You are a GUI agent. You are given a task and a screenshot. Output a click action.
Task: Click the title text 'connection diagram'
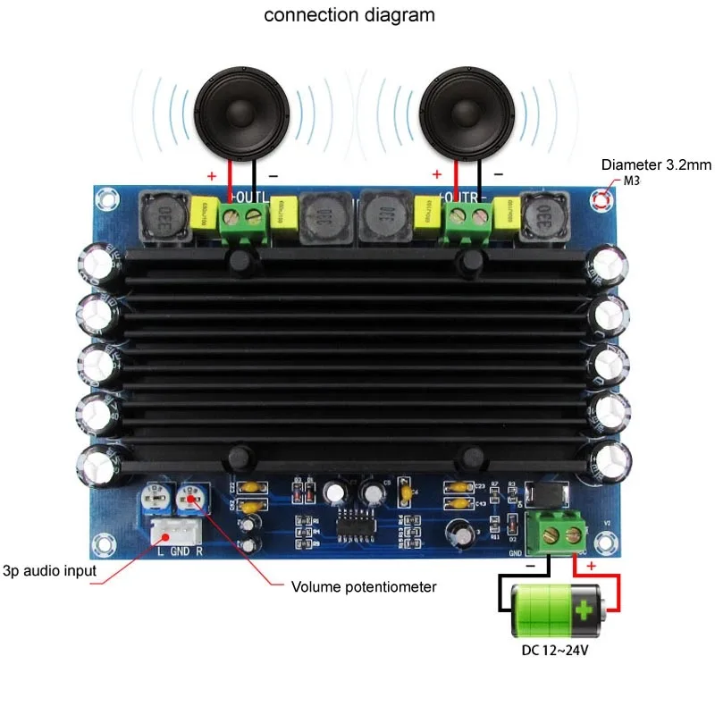[x=349, y=15]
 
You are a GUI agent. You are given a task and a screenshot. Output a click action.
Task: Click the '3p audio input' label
[x=50, y=570]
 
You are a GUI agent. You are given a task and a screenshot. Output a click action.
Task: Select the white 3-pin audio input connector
[x=172, y=529]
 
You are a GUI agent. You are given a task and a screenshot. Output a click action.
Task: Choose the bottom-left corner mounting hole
[x=106, y=543]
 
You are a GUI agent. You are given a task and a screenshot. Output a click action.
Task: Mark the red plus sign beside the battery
[x=590, y=567]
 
